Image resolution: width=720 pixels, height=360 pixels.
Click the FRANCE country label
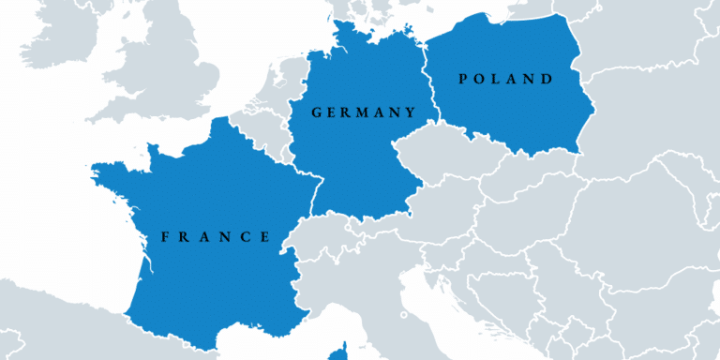pyautogui.click(x=217, y=236)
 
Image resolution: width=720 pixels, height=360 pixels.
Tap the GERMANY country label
pyautogui.click(x=363, y=112)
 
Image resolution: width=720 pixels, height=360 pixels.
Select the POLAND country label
pyautogui.click(x=505, y=79)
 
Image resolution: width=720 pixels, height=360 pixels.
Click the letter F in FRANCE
pyautogui.click(x=165, y=236)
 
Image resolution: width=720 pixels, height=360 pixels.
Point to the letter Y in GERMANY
pyautogui.click(x=410, y=112)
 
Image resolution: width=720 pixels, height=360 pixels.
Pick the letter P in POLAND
pyautogui.click(x=462, y=79)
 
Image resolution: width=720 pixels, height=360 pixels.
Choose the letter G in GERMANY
pyautogui.click(x=317, y=112)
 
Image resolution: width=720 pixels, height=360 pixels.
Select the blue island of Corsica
pyautogui.click(x=338, y=354)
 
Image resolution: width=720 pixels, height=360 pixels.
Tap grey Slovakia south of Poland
pyautogui.click(x=525, y=178)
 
